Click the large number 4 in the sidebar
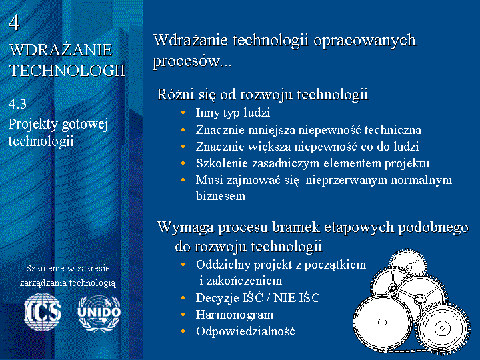(14, 23)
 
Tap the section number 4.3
(17, 104)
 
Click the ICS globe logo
(43, 312)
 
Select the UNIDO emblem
(99, 313)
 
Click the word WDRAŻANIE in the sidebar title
(61, 50)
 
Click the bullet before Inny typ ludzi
(183, 113)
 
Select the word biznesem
(221, 196)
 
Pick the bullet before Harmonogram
(183, 315)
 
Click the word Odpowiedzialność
(245, 331)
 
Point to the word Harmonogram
(235, 315)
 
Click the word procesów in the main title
(186, 61)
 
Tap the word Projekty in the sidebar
(33, 125)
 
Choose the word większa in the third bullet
(269, 147)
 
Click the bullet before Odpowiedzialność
(183, 331)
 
